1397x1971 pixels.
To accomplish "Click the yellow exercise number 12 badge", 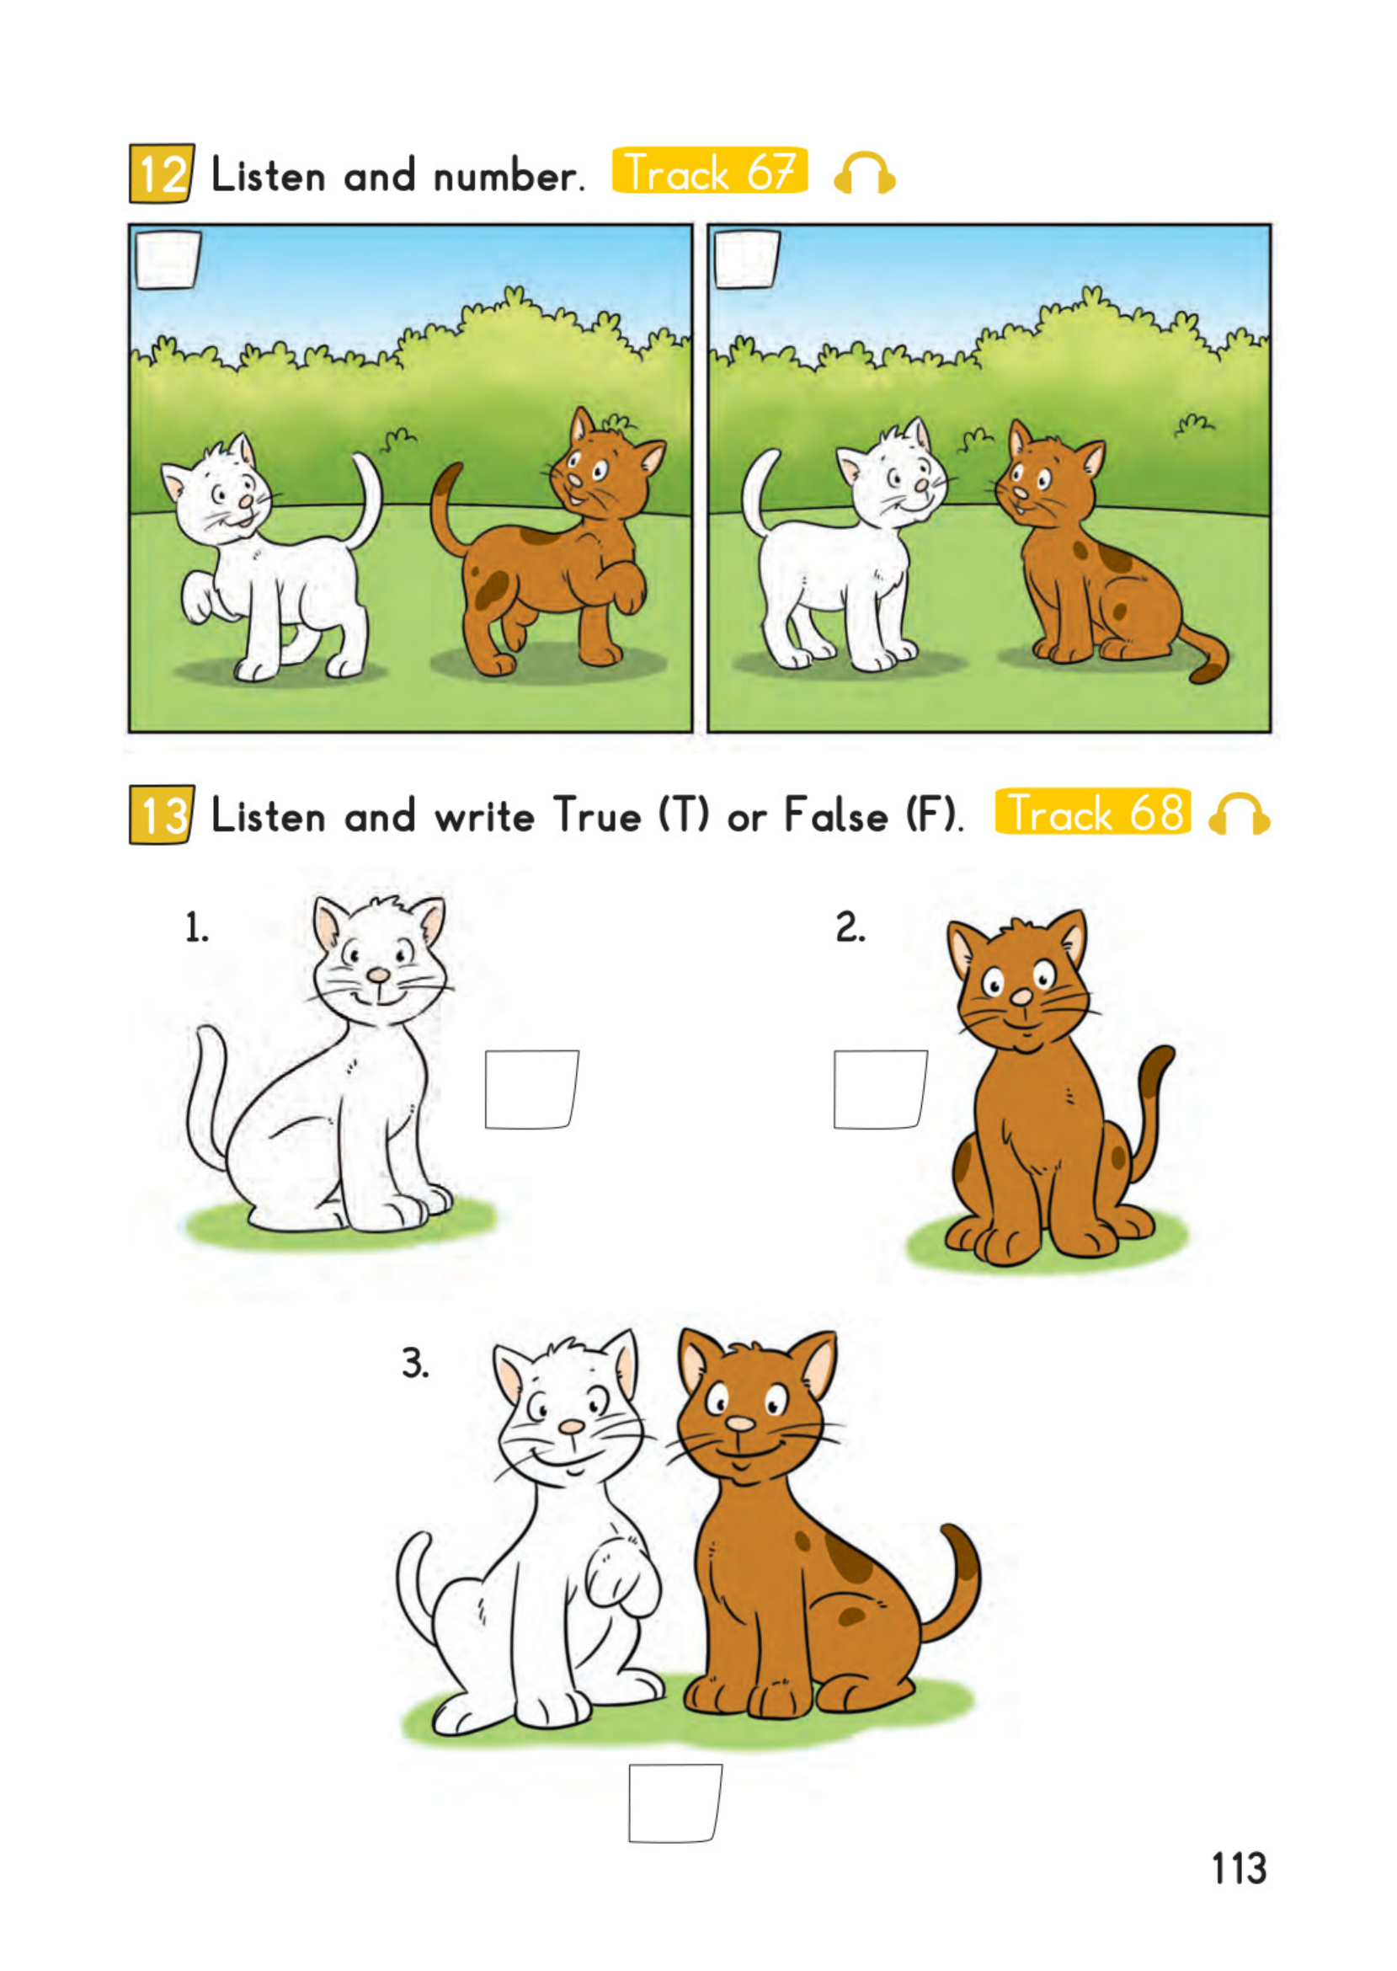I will tap(162, 174).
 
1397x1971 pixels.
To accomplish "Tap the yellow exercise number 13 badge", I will tap(162, 814).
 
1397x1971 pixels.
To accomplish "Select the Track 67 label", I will tap(709, 171).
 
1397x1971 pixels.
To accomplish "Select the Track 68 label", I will tap(1092, 812).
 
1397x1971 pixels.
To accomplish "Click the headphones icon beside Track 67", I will tap(865, 174).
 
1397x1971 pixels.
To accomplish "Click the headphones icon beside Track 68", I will tap(1239, 814).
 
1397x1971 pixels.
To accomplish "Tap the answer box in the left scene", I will tap(168, 259).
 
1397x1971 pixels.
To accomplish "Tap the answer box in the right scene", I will tap(747, 259).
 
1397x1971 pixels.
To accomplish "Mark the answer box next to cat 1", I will tap(531, 1088).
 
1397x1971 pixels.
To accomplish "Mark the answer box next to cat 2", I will tap(879, 1088).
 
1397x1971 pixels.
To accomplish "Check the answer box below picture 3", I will tap(675, 1803).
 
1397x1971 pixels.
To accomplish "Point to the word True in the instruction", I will tap(598, 815).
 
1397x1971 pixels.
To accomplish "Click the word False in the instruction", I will tap(835, 815).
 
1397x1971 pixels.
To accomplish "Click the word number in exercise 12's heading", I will tap(504, 176).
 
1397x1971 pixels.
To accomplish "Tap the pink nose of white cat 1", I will tap(378, 975).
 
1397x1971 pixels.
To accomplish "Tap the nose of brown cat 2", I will tap(1021, 997).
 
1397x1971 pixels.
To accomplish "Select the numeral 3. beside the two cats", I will tap(415, 1364).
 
